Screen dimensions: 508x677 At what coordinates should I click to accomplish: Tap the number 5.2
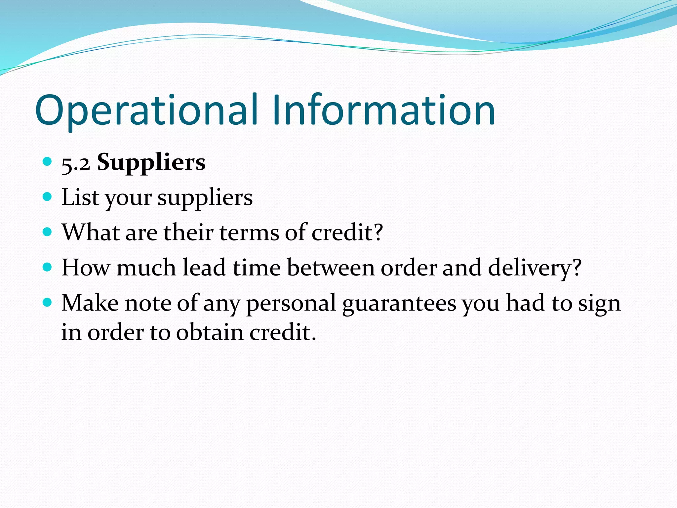click(x=76, y=163)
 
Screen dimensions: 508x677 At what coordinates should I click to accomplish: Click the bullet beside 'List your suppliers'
click(x=48, y=197)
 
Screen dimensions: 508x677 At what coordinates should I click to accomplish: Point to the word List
click(x=80, y=197)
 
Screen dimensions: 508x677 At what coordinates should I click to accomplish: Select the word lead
click(x=204, y=267)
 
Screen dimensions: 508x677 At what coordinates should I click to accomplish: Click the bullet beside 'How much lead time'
click(x=48, y=267)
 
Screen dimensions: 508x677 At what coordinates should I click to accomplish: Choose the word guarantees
click(x=399, y=304)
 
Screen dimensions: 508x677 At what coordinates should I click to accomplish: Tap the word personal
click(x=291, y=304)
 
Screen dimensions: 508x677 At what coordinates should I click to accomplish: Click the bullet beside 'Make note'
click(x=48, y=302)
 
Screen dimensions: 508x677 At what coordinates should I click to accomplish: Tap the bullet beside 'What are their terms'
click(x=48, y=232)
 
